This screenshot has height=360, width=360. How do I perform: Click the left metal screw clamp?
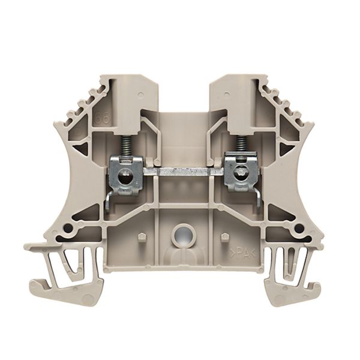125,175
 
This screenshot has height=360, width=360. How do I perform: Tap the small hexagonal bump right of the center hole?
224,236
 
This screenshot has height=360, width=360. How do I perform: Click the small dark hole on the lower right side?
298,229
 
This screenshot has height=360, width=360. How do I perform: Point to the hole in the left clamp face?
125,178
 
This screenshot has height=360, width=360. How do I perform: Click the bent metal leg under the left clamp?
107,202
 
